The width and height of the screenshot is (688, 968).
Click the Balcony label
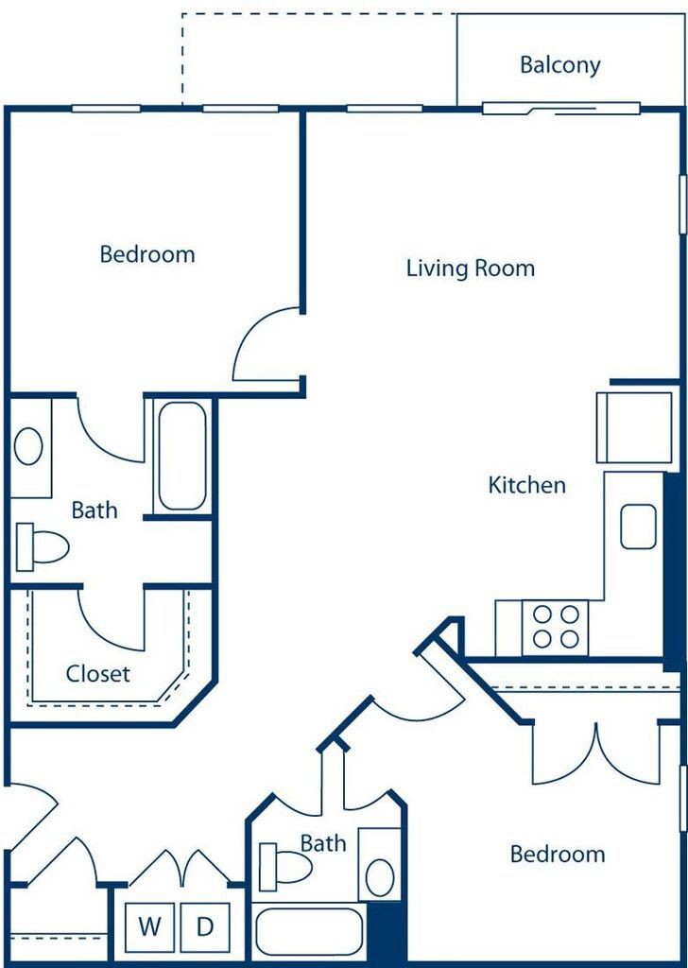(559, 65)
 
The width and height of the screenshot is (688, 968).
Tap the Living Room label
(471, 268)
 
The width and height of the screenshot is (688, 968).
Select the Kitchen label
(526, 485)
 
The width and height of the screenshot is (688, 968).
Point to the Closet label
(98, 673)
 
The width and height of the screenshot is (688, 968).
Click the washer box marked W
(149, 926)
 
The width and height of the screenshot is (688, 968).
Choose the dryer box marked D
(205, 926)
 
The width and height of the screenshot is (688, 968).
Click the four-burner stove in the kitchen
(556, 628)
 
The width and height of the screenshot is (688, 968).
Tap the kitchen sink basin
(638, 526)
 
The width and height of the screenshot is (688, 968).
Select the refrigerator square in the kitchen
(634, 427)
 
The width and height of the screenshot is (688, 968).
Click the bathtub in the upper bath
(182, 457)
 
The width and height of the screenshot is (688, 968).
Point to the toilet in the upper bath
(42, 546)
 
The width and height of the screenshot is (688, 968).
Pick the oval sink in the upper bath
(28, 446)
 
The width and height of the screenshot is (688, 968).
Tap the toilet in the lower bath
(285, 867)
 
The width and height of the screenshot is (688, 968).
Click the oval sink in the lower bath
(380, 877)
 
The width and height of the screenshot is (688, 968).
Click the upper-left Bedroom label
(147, 254)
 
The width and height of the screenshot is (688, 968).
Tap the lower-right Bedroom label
(558, 855)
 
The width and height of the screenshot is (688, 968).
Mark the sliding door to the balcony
(560, 110)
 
